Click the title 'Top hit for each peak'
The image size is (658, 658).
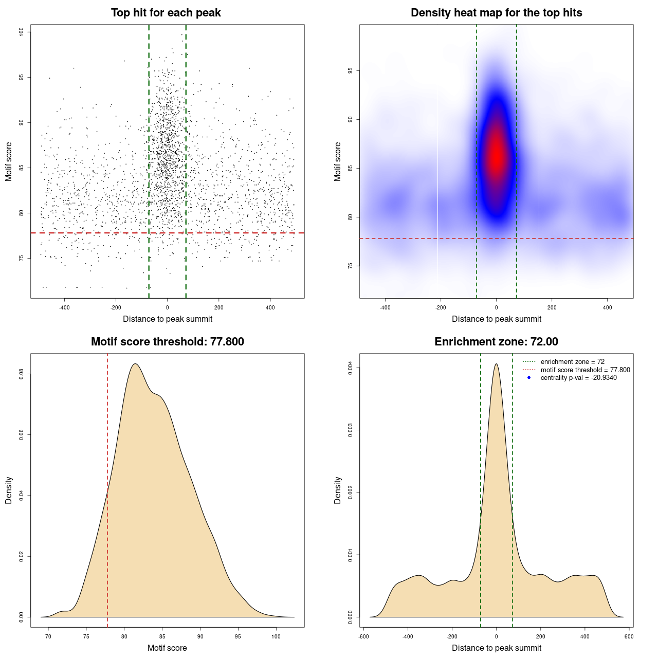pos(166,13)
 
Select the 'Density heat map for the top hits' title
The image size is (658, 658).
pos(496,13)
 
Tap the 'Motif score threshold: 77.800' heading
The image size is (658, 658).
pos(167,342)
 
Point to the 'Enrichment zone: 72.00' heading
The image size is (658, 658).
pos(496,342)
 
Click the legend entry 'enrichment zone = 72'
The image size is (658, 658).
pos(572,362)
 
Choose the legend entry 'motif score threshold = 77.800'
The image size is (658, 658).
pos(585,370)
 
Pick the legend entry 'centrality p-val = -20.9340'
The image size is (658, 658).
pos(578,378)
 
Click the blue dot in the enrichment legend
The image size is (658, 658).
pos(529,378)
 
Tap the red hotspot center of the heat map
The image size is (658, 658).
pos(497,154)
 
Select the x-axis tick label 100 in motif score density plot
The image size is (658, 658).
pos(276,636)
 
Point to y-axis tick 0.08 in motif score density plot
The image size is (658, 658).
pos(22,374)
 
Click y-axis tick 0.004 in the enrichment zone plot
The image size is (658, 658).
pos(351,368)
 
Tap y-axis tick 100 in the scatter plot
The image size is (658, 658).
pos(22,32)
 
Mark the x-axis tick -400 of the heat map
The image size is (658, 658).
pos(385,307)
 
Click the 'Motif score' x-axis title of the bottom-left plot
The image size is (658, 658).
pos(167,648)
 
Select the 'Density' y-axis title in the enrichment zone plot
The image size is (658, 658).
pos(338,490)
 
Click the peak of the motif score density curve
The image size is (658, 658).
pos(135,364)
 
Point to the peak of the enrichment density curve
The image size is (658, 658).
pos(496,364)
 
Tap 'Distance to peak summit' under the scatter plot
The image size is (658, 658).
pos(168,319)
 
